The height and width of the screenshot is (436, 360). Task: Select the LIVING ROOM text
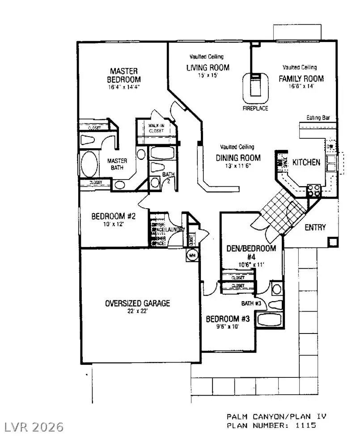click(x=208, y=68)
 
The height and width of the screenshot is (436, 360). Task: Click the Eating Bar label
click(x=318, y=118)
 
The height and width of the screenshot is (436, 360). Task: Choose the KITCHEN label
click(x=306, y=162)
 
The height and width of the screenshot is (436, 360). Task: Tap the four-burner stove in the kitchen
click(x=314, y=191)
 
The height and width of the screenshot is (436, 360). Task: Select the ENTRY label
click(x=315, y=227)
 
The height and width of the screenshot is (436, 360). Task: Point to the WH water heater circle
click(x=192, y=255)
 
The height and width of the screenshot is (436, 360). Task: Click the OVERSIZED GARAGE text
click(x=137, y=303)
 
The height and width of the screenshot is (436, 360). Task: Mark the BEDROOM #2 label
click(x=113, y=216)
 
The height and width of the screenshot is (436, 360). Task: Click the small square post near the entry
click(x=332, y=242)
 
